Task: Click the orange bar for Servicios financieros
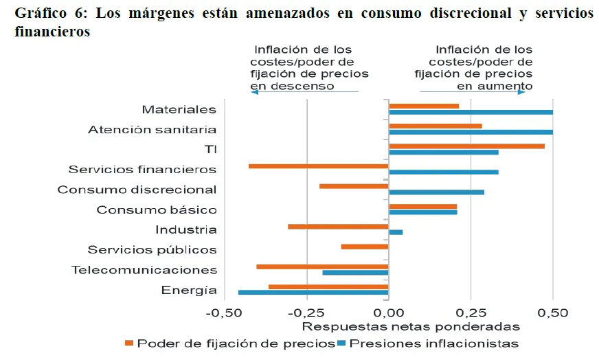tap(319, 166)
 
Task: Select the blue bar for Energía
tap(313, 293)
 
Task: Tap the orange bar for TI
tap(466, 146)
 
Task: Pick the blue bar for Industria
tap(396, 232)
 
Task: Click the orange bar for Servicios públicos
tap(365, 246)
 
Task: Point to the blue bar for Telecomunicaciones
tap(355, 273)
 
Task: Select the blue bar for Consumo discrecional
tap(436, 192)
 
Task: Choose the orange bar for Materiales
tap(424, 106)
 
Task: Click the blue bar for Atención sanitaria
tap(471, 132)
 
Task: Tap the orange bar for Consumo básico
tap(422, 206)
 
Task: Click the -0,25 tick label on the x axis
tap(306, 313)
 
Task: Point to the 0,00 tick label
tap(388, 313)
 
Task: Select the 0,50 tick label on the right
tap(552, 313)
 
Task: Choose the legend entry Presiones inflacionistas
tap(433, 343)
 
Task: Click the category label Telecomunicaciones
tap(144, 270)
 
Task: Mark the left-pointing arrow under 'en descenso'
tap(254, 92)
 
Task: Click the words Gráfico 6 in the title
tap(42, 14)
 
